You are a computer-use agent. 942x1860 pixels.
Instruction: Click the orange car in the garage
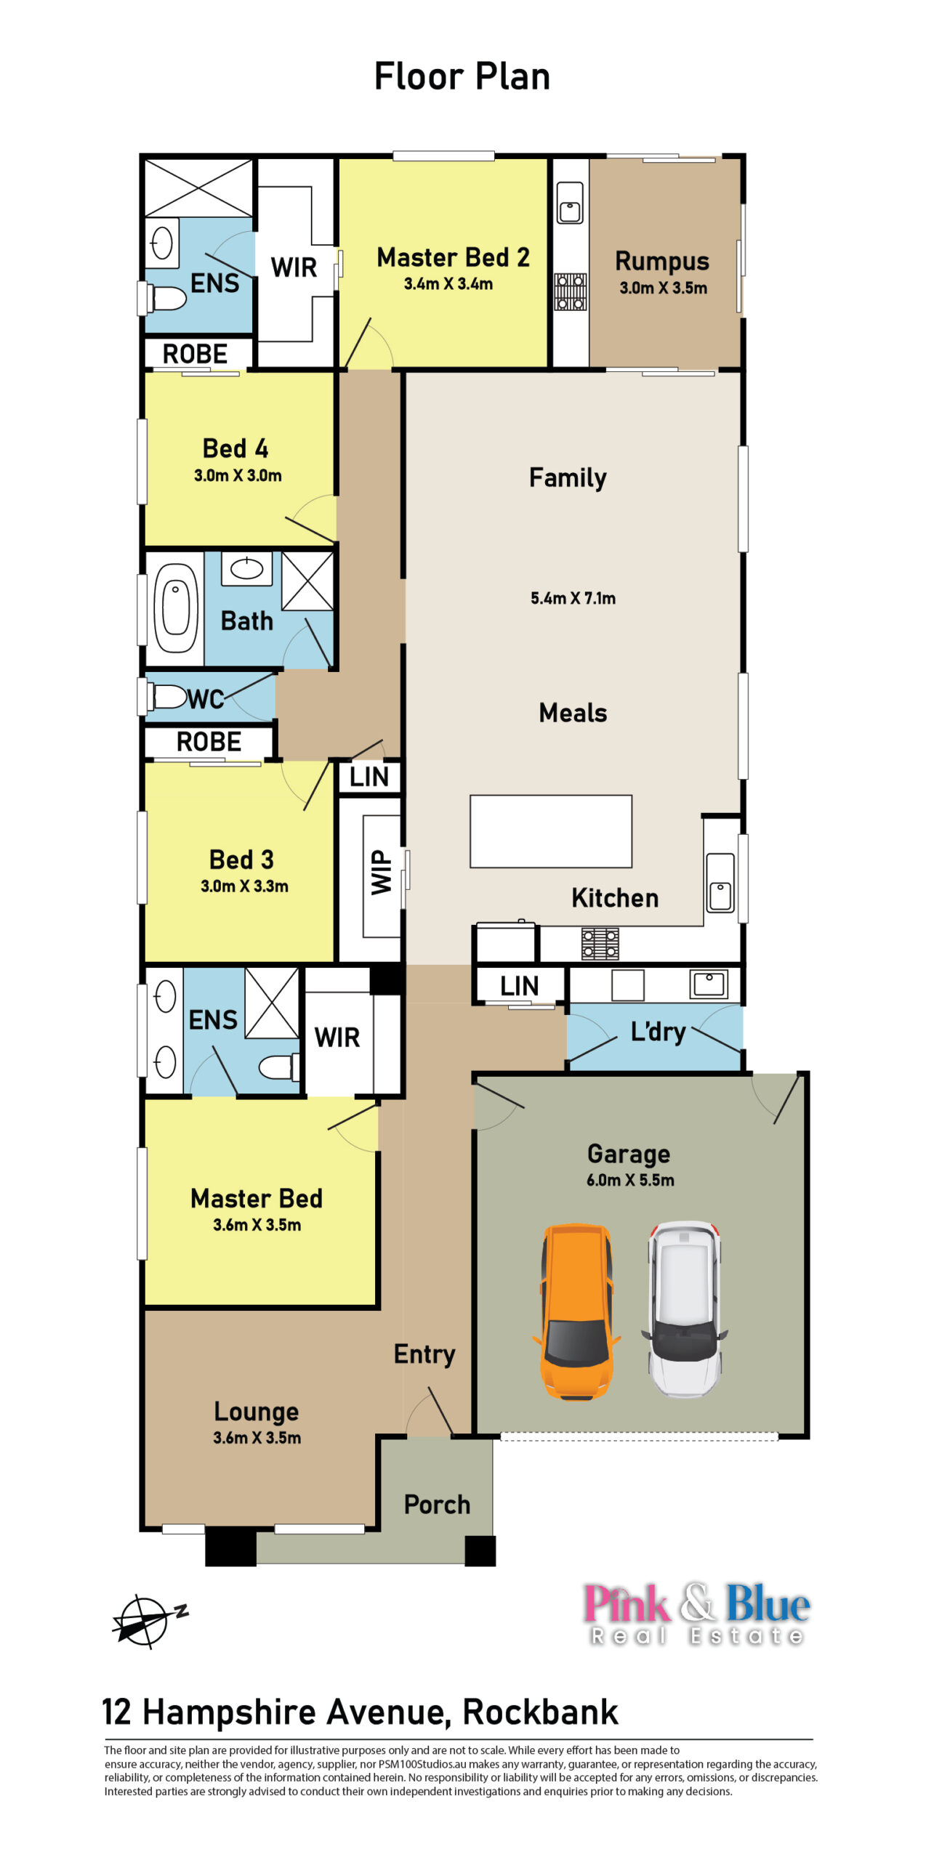click(x=576, y=1311)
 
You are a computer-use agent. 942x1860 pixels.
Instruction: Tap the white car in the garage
click(x=684, y=1308)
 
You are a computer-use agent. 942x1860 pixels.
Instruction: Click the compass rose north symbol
click(x=148, y=1620)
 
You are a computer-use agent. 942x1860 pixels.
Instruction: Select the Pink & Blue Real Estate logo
click(x=696, y=1613)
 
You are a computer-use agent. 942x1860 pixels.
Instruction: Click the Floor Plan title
click(x=462, y=76)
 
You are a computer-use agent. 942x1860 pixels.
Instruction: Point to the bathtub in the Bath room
click(x=175, y=608)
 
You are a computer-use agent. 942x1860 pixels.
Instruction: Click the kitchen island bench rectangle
click(x=550, y=831)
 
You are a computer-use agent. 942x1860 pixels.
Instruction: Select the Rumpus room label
click(x=661, y=262)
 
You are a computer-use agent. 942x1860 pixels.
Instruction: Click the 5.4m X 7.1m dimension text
click(x=573, y=598)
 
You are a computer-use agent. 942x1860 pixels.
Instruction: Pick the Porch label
click(x=437, y=1504)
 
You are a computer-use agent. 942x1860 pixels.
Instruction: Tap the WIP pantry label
click(x=381, y=872)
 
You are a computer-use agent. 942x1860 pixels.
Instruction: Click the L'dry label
click(x=659, y=1032)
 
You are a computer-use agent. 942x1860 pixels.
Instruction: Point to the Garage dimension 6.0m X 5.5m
click(x=630, y=1180)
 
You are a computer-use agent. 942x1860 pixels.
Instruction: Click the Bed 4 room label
click(x=235, y=448)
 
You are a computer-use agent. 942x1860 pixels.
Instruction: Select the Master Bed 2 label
click(x=453, y=257)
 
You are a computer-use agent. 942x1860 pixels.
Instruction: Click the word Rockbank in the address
click(x=540, y=1712)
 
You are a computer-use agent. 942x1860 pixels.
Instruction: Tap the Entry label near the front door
click(x=424, y=1354)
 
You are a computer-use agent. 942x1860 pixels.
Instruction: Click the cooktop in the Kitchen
click(x=600, y=944)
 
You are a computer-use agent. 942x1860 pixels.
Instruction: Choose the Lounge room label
click(x=257, y=1412)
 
